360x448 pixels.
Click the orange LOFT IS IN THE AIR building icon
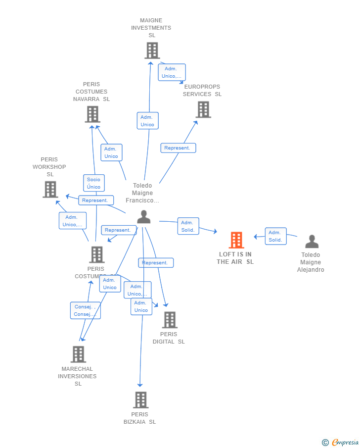click(x=236, y=240)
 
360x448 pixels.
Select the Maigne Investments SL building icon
click(x=152, y=50)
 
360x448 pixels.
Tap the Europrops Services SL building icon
click(x=203, y=109)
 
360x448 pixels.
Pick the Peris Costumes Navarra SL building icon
click(x=92, y=114)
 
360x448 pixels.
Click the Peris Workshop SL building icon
click(x=50, y=189)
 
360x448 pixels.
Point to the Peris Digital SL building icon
click(x=170, y=320)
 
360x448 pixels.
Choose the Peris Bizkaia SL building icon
click(x=141, y=400)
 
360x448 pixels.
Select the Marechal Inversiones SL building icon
click(x=78, y=354)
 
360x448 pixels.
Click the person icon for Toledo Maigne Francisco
click(x=144, y=217)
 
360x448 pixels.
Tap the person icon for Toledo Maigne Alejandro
click(x=312, y=242)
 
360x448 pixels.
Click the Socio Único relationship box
click(x=94, y=183)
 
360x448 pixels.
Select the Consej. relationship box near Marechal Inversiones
click(x=85, y=310)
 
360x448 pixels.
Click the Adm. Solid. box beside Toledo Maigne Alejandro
click(x=275, y=236)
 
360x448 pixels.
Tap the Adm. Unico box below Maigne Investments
click(x=147, y=121)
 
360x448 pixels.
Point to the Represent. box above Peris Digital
click(x=156, y=263)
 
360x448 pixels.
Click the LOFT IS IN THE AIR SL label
click(x=235, y=258)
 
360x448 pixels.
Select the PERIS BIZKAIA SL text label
click(x=140, y=418)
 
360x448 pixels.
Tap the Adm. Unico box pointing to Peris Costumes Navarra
click(x=111, y=152)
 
